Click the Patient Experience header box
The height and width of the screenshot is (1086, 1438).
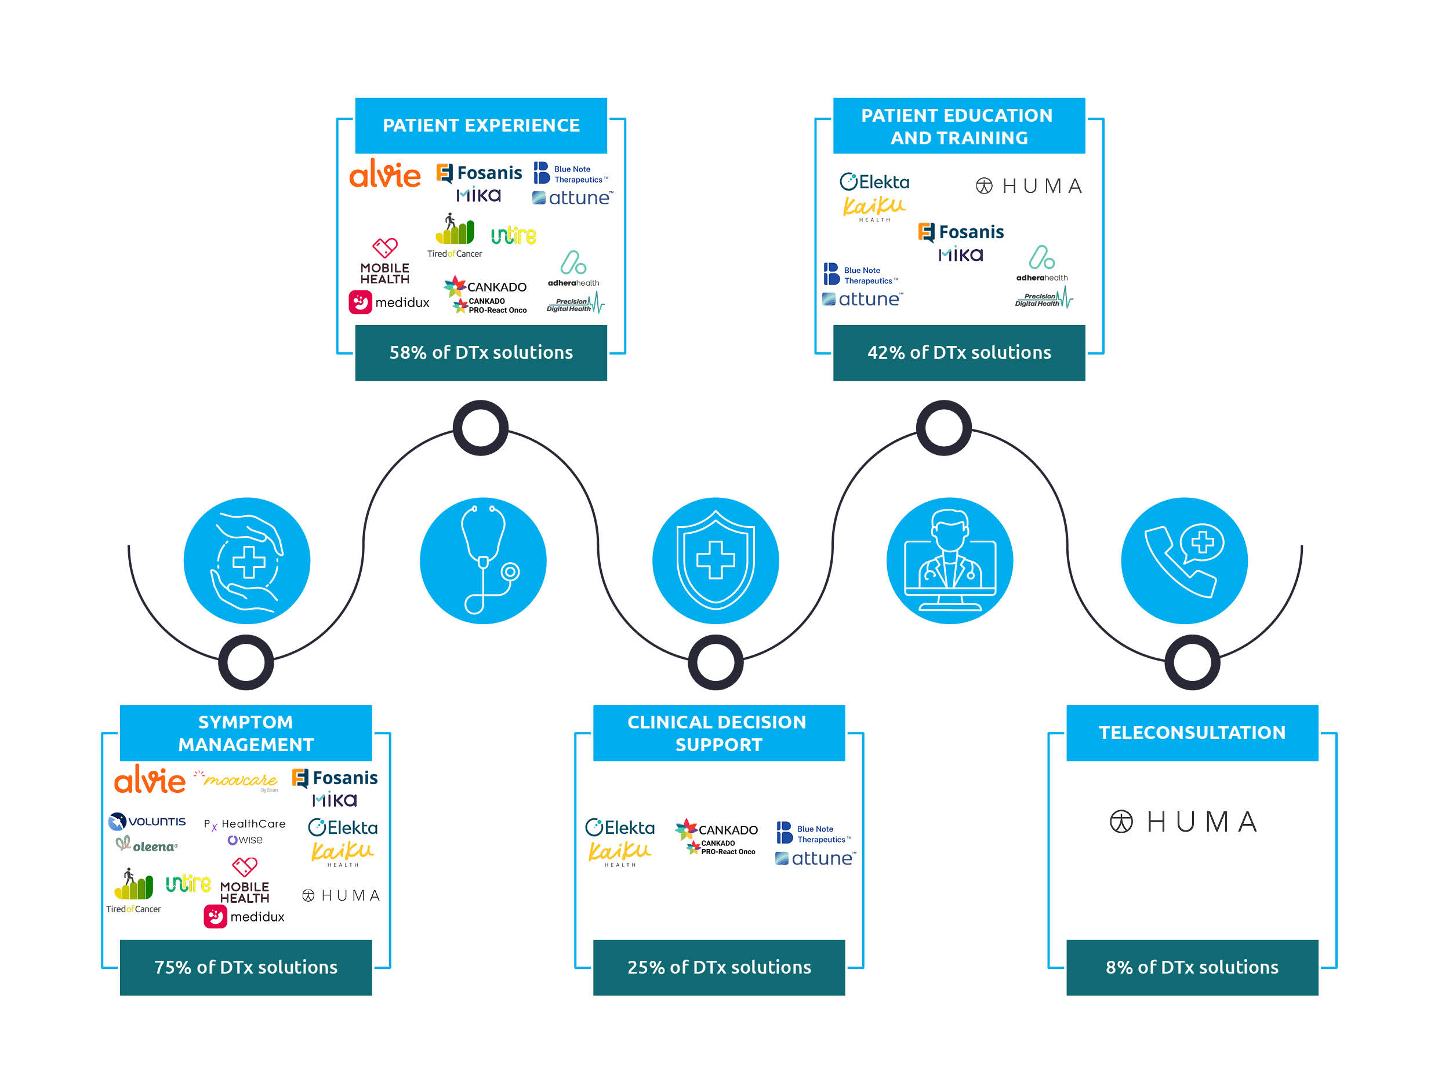[481, 125]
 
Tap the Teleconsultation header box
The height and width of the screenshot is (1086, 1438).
[1192, 732]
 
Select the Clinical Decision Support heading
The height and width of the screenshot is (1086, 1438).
[718, 732]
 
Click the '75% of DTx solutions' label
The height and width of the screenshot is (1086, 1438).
[246, 967]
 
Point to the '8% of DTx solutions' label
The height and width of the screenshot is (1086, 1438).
[1192, 967]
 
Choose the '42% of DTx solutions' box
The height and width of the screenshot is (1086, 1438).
[959, 352]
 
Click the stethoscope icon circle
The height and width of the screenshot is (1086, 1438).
[483, 560]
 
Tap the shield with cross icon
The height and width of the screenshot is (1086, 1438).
[715, 560]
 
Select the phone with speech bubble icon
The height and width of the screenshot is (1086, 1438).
[1184, 560]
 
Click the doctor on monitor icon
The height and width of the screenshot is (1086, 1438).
[949, 560]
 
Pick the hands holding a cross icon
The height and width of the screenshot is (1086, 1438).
[246, 560]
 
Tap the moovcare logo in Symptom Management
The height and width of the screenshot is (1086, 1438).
[237, 780]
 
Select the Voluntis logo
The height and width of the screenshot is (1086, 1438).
[148, 822]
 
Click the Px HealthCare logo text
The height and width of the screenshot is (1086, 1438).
[245, 824]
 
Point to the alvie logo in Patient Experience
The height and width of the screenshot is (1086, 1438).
[385, 174]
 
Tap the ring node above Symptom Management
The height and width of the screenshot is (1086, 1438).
[246, 662]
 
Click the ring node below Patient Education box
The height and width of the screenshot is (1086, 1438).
[943, 428]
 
